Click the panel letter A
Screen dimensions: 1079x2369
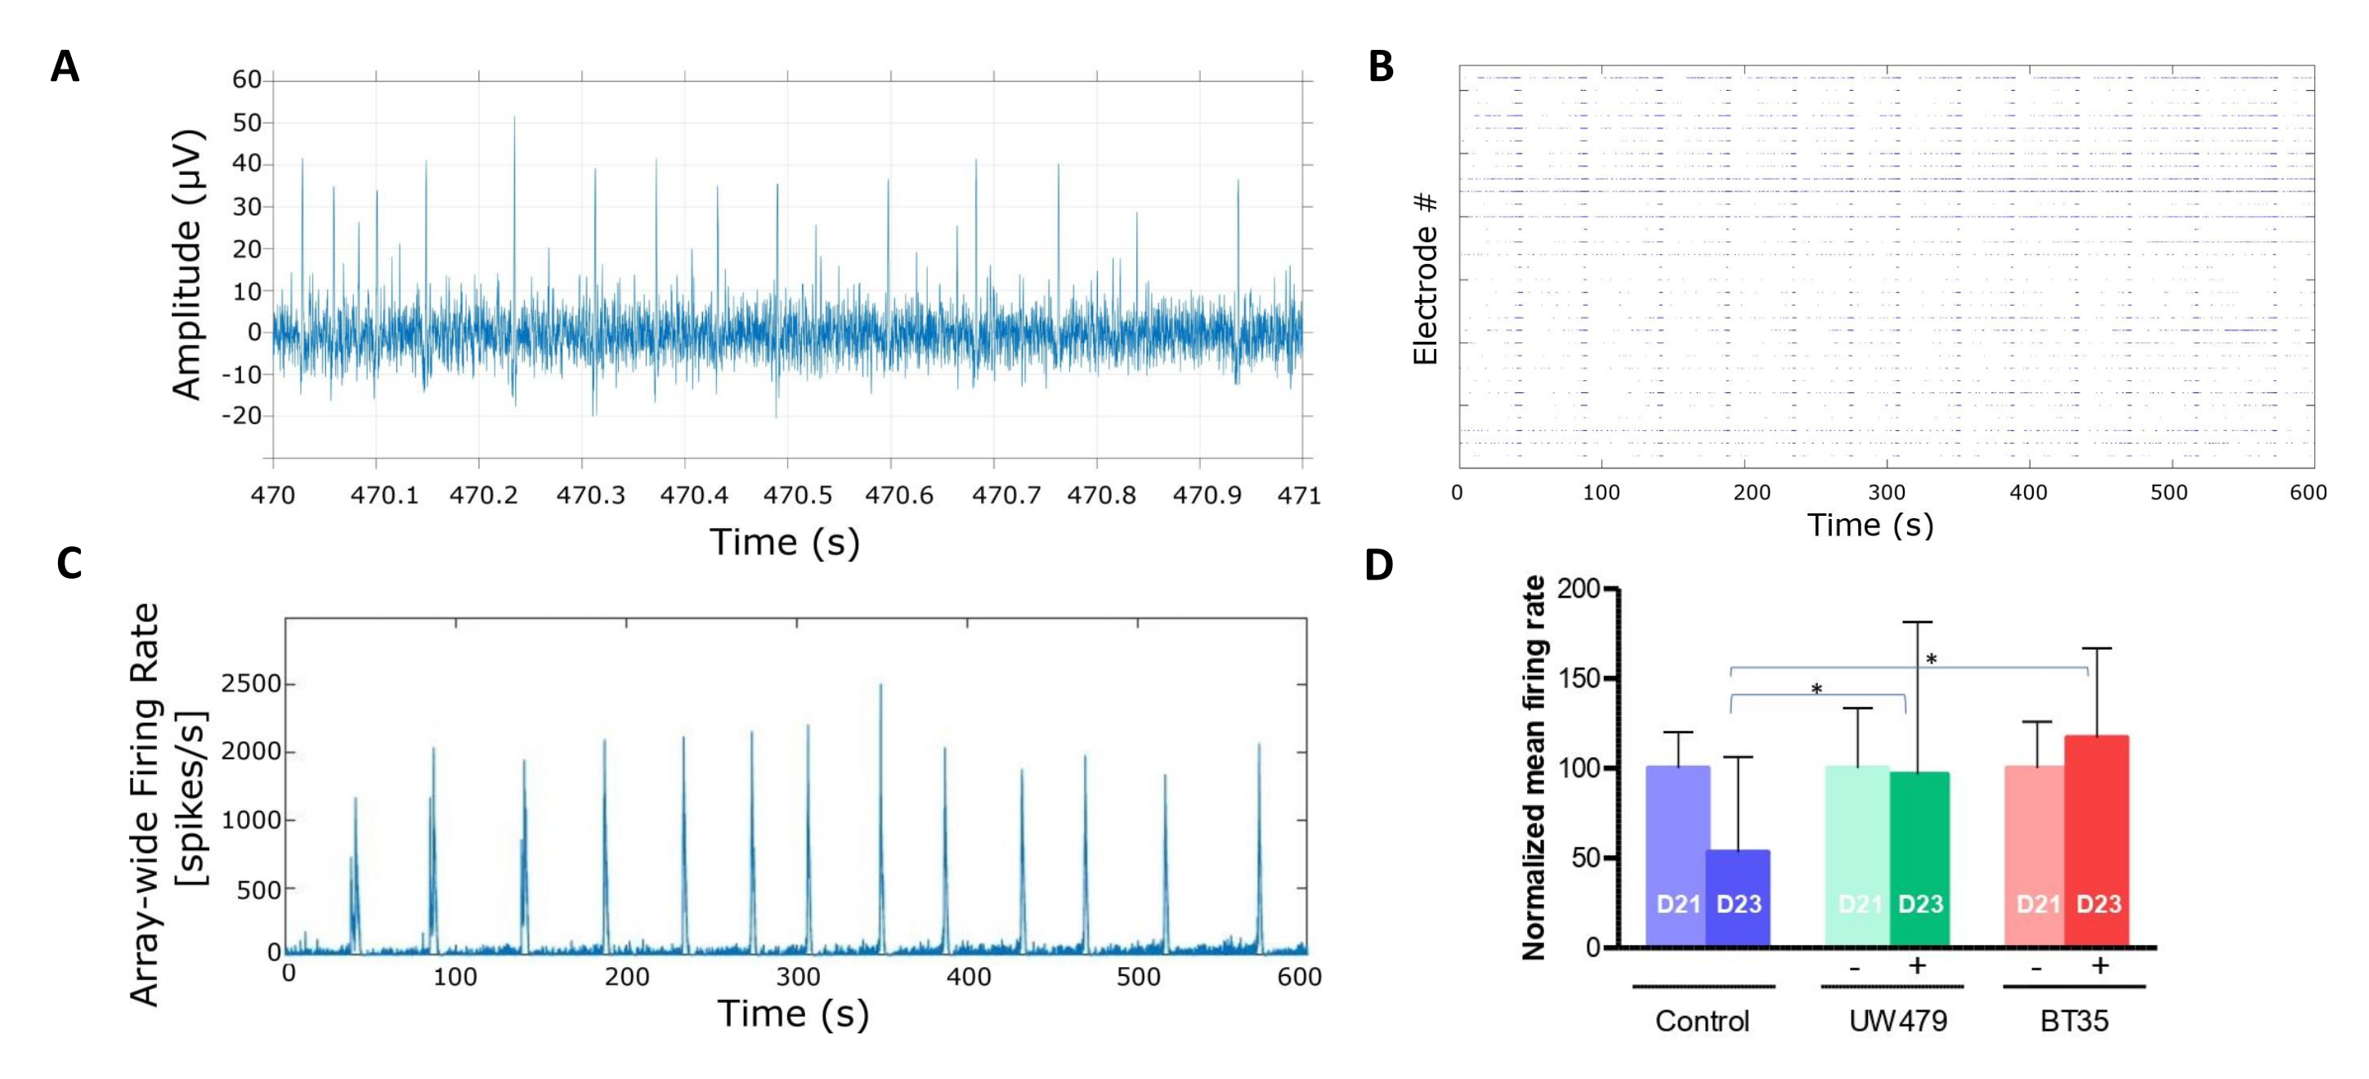(x=65, y=67)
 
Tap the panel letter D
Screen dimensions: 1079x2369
(x=1378, y=565)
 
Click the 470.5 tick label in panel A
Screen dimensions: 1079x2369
(x=797, y=495)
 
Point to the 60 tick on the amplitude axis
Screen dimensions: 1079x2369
(x=247, y=80)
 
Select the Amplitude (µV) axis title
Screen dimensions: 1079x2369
(x=186, y=265)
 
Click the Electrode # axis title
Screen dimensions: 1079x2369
(x=1425, y=279)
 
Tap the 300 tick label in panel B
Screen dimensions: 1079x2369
(x=1886, y=492)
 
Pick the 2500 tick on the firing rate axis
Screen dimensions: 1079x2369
(x=250, y=684)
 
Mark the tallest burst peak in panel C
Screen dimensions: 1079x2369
(x=880, y=686)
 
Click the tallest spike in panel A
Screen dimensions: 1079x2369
(x=514, y=118)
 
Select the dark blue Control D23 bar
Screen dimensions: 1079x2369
(x=1737, y=897)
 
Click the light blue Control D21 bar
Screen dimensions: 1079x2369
(x=1677, y=856)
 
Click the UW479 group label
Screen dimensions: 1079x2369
(x=1898, y=1021)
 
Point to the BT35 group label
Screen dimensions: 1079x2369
(x=2074, y=1021)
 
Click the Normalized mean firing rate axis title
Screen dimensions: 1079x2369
(x=1534, y=768)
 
